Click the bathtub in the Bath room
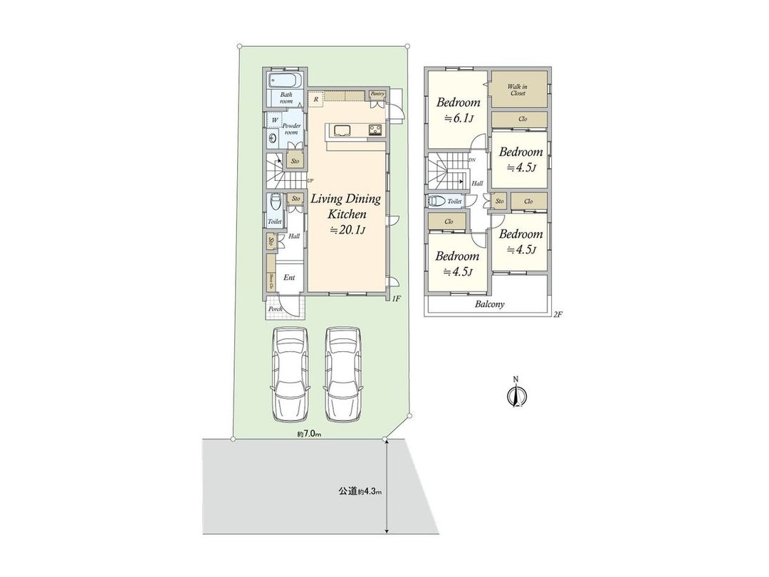(x=286, y=79)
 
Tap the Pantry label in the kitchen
(x=377, y=93)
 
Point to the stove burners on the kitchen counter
(x=375, y=130)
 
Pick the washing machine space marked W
(x=275, y=120)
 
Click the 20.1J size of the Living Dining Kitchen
(x=347, y=229)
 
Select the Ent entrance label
(x=289, y=278)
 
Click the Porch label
(x=275, y=309)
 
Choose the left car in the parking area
(x=289, y=374)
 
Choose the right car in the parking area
(x=345, y=374)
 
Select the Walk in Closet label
(x=517, y=90)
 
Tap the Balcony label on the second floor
(x=489, y=304)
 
